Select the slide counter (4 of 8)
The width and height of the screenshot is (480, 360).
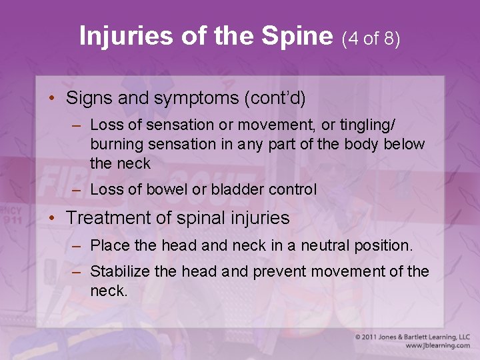tap(371, 39)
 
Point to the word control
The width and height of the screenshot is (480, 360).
tap(293, 189)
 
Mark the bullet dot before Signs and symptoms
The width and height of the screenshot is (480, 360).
tap(52, 99)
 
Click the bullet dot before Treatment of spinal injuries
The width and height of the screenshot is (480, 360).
tap(52, 218)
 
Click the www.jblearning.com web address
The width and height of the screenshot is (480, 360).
tap(437, 346)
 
